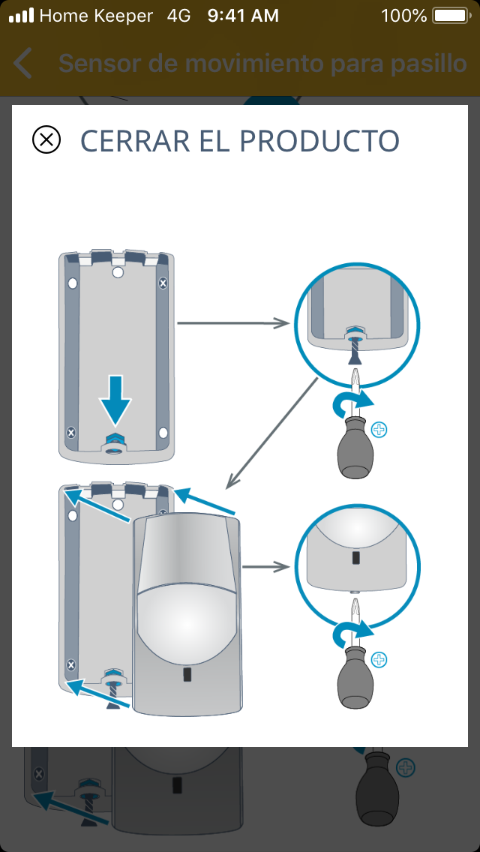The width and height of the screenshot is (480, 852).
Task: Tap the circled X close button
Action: click(x=46, y=140)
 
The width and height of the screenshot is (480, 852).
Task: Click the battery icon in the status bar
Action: click(x=451, y=16)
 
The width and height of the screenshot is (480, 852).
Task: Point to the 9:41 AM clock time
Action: click(x=243, y=16)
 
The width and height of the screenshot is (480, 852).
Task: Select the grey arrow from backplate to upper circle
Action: click(x=233, y=322)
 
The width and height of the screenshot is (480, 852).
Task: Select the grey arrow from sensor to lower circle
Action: click(x=267, y=567)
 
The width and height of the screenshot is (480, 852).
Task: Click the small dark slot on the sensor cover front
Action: click(x=187, y=675)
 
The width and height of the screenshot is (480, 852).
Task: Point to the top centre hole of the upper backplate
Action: click(x=118, y=273)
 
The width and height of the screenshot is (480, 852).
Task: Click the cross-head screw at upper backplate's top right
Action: click(x=163, y=283)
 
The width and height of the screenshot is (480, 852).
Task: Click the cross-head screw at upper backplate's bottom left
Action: click(x=71, y=433)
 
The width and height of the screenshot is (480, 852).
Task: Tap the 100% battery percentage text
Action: click(x=403, y=16)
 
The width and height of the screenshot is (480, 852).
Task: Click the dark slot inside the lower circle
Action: click(x=355, y=559)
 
